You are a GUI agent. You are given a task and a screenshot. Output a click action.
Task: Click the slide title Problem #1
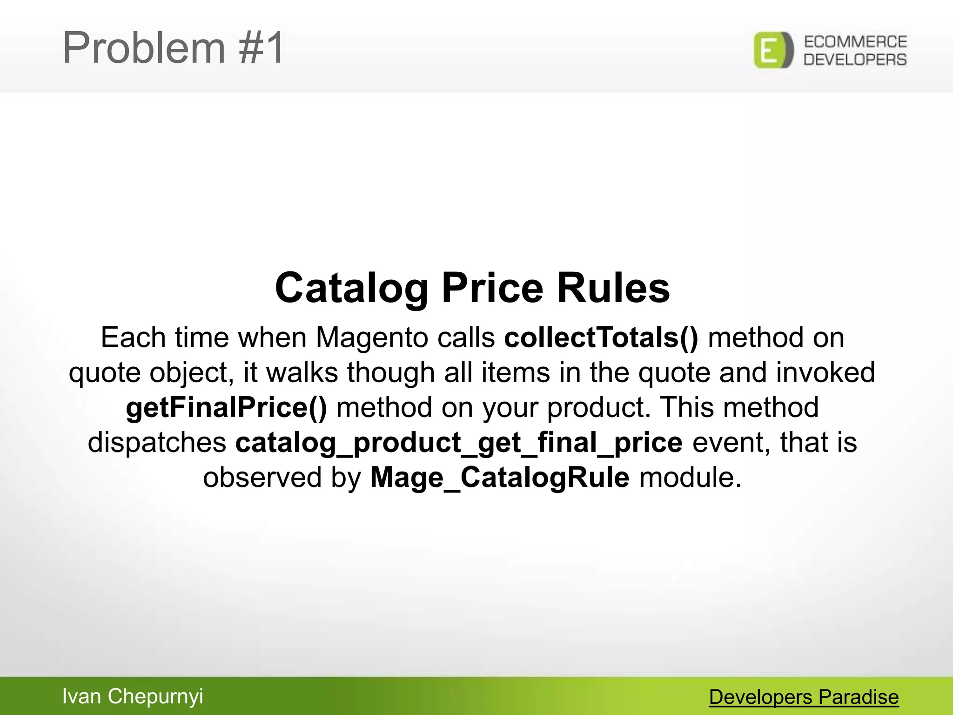click(173, 47)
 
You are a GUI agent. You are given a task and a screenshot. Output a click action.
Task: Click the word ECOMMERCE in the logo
click(855, 42)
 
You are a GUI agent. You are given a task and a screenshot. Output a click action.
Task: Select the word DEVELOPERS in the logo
click(855, 60)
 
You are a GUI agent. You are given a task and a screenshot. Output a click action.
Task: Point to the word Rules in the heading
click(613, 288)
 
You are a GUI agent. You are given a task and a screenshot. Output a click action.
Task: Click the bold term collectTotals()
click(601, 337)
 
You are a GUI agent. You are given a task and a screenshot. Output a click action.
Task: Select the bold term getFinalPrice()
click(227, 407)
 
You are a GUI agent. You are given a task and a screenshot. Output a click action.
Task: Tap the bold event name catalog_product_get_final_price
click(459, 443)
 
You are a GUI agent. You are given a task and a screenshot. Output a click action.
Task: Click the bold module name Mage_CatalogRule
click(500, 478)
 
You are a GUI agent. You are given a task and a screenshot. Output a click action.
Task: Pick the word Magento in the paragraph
click(371, 337)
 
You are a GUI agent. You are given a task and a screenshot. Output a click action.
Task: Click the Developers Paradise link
click(804, 697)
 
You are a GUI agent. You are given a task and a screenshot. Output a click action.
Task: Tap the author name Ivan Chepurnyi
click(133, 696)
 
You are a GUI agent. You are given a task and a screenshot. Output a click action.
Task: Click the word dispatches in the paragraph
click(157, 442)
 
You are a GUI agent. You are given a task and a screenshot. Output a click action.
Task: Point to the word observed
click(262, 478)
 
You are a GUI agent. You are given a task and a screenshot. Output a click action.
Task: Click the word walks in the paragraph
click(302, 372)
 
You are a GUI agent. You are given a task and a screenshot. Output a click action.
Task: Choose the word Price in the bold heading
click(492, 288)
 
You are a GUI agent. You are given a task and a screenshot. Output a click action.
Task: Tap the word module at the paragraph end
click(690, 478)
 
